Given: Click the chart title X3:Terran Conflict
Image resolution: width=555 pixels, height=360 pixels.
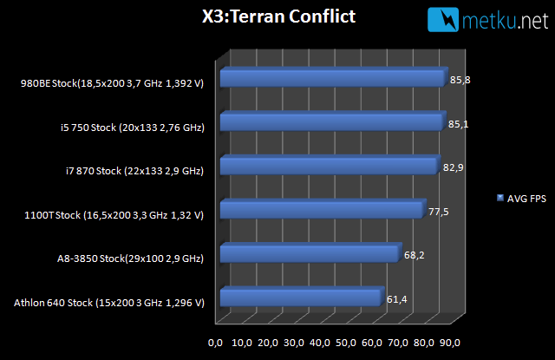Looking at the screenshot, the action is click(x=278, y=16).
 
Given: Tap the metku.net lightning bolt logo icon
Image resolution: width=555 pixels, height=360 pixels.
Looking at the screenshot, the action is click(x=443, y=20).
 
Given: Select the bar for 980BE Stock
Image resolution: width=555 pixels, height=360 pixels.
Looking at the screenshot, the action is click(x=334, y=77).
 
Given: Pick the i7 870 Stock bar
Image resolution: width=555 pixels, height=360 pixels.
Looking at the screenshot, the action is click(x=330, y=165).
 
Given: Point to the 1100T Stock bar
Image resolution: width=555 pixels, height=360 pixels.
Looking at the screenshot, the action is click(x=323, y=209).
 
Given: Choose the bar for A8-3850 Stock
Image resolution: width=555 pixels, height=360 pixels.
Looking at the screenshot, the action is click(x=311, y=252).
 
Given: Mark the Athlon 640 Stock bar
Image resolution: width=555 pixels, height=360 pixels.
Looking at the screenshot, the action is click(x=303, y=297).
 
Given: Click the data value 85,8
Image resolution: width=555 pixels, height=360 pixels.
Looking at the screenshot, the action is click(x=460, y=80).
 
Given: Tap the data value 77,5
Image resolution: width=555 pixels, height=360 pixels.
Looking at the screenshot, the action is click(x=439, y=212).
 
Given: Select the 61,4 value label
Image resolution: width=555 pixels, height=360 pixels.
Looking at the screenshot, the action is click(x=397, y=299).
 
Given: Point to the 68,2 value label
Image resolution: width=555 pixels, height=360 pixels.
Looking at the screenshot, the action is click(x=415, y=255).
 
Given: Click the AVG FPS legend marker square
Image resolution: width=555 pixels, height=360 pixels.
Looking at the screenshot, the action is click(x=500, y=198).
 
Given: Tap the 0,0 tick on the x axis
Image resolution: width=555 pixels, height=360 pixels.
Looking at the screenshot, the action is click(x=216, y=343).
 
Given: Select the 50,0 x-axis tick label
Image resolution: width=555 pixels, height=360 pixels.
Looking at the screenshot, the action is click(x=346, y=343).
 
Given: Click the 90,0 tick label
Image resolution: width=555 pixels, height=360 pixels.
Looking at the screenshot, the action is click(x=450, y=343).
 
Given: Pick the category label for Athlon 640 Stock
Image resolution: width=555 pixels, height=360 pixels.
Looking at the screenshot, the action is click(x=109, y=303).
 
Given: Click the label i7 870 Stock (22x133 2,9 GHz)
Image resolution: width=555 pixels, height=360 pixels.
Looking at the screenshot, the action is click(x=135, y=171).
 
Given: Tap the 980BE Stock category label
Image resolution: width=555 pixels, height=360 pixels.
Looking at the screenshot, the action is click(x=112, y=83).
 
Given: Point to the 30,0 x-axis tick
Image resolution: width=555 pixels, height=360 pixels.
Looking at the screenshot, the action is click(x=294, y=343).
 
